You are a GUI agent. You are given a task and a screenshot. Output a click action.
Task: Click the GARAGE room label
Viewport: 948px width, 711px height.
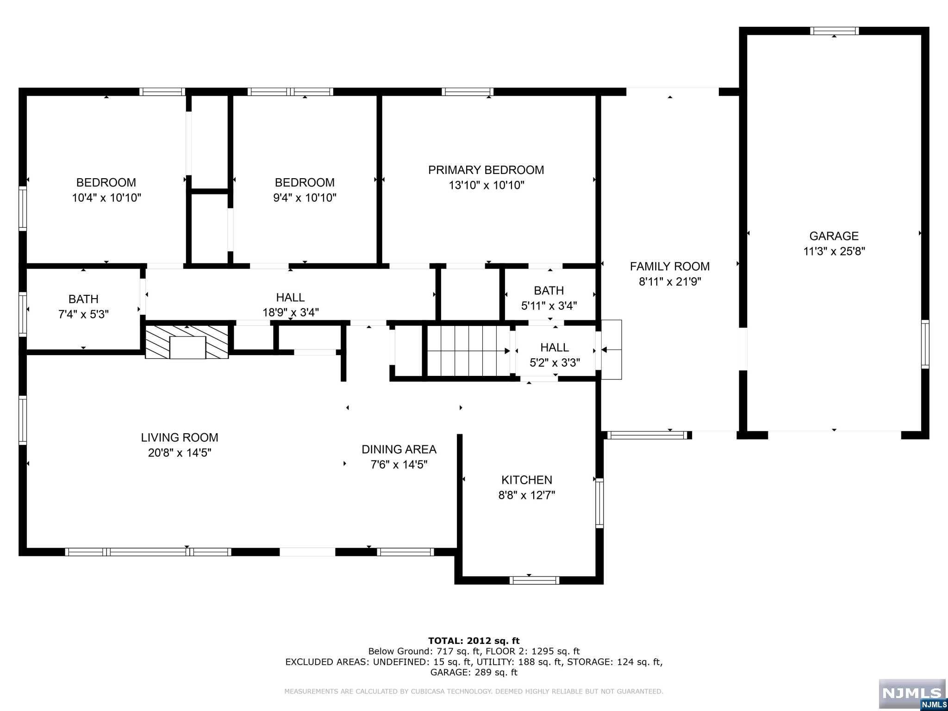pyautogui.click(x=834, y=236)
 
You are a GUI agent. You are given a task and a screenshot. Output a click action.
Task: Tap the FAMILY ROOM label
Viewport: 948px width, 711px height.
pyautogui.click(x=669, y=267)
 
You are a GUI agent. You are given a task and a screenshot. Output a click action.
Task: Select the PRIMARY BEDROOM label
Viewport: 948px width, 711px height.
pyautogui.click(x=486, y=170)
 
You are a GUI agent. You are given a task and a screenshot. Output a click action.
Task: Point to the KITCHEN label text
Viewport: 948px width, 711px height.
pyautogui.click(x=527, y=480)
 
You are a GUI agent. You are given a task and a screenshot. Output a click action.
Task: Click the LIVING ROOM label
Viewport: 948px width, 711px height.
pyautogui.click(x=180, y=437)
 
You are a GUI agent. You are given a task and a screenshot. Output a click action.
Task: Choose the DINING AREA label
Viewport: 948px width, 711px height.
pyautogui.click(x=399, y=449)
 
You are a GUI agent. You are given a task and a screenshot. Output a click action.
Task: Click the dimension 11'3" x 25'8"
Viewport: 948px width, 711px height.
pyautogui.click(x=834, y=251)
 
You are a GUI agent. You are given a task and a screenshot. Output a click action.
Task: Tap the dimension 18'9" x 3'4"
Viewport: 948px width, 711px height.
pyautogui.click(x=291, y=312)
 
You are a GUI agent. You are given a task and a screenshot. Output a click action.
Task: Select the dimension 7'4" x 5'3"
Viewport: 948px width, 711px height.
pyautogui.click(x=83, y=314)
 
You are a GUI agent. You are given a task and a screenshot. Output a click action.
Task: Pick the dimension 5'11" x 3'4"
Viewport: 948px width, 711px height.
pyautogui.click(x=549, y=306)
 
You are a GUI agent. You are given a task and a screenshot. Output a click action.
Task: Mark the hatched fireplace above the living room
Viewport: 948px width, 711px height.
pyautogui.click(x=187, y=342)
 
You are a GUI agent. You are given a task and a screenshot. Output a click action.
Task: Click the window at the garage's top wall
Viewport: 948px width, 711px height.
pyautogui.click(x=835, y=31)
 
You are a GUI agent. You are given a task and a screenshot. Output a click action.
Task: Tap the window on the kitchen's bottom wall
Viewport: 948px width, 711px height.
pyautogui.click(x=534, y=580)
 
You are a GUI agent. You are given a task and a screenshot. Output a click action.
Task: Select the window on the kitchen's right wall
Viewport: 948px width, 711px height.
pyautogui.click(x=599, y=503)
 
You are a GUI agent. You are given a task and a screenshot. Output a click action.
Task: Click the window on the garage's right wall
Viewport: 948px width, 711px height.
pyautogui.click(x=925, y=344)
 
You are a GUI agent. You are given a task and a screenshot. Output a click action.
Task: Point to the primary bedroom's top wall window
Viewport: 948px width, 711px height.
pyautogui.click(x=468, y=92)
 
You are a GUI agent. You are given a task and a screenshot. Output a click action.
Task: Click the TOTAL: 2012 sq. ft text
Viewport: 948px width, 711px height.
pyautogui.click(x=474, y=641)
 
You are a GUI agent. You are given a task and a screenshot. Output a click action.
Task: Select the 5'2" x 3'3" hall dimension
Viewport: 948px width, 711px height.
pyautogui.click(x=555, y=363)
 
